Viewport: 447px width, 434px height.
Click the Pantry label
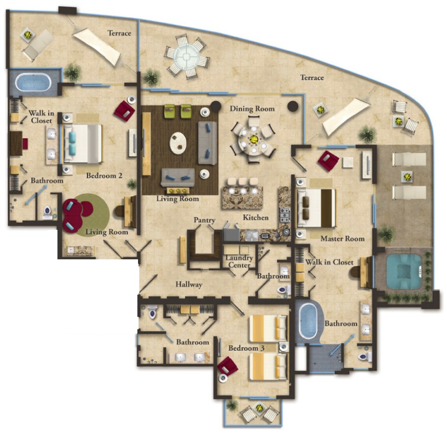(204, 221)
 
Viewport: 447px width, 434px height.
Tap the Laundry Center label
(239, 261)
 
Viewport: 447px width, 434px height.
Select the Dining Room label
(252, 109)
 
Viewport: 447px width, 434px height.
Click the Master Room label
(342, 238)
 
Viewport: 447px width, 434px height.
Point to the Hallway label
(189, 285)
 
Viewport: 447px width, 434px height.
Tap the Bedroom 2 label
(105, 176)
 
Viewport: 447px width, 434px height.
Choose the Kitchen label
(255, 218)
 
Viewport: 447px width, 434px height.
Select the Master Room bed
(316, 207)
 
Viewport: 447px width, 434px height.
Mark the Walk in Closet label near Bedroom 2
(41, 116)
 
